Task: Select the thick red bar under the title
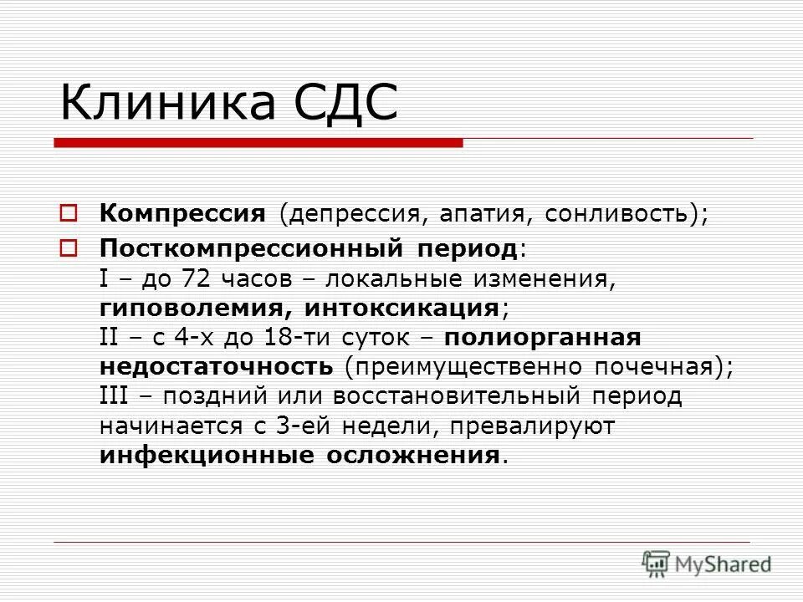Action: coord(258,143)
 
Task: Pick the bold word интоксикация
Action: coord(402,307)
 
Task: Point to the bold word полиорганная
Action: coord(542,338)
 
